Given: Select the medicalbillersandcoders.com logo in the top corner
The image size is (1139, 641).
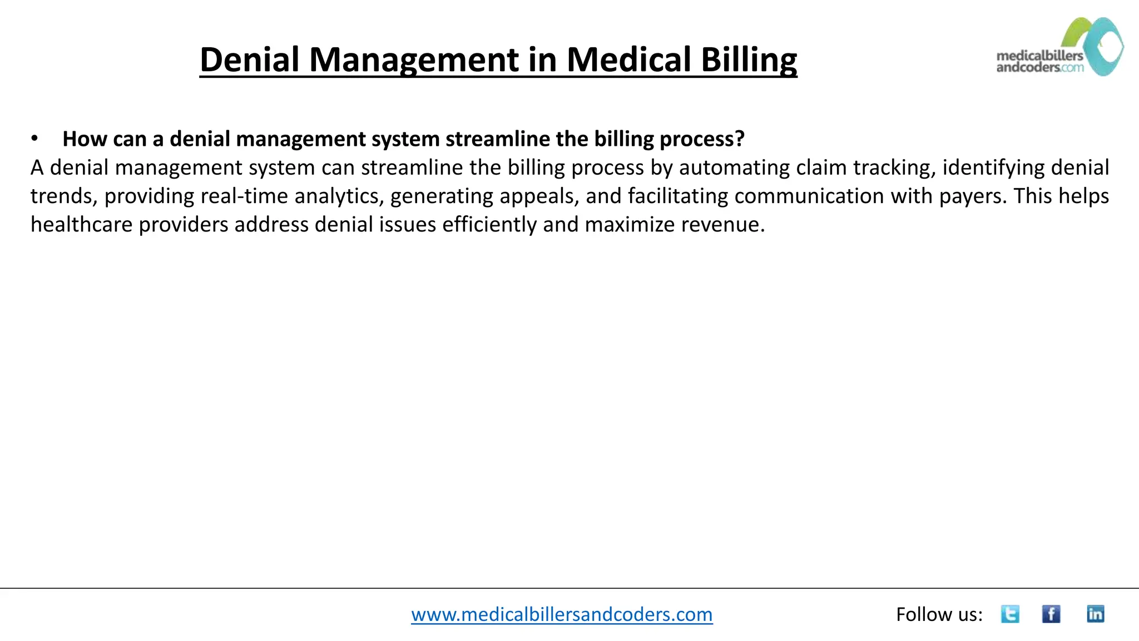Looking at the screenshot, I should (x=1059, y=47).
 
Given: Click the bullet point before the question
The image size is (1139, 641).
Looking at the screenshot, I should (x=34, y=139).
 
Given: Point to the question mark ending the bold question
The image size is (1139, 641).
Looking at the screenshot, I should (x=739, y=139).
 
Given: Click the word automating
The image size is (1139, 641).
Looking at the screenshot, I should (x=734, y=167).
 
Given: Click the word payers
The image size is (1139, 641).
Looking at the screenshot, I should (x=973, y=196).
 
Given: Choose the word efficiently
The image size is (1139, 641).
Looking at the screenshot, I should (x=489, y=224).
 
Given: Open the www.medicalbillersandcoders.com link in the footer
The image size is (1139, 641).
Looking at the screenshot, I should (x=562, y=614).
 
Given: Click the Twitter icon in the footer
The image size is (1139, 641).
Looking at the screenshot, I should (x=1010, y=614).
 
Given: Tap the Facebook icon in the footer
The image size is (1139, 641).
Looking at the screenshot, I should (x=1051, y=614).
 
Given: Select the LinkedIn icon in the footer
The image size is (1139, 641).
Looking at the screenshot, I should (x=1095, y=614).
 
